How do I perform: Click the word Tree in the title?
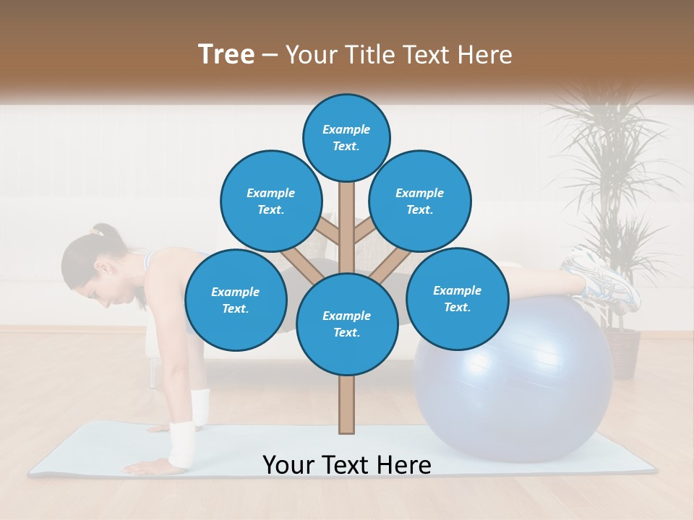point(226,55)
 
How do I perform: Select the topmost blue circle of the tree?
point(346,137)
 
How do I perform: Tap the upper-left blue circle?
point(271,201)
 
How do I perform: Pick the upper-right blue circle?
point(420,201)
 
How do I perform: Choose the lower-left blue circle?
point(236,300)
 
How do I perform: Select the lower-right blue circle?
point(457,298)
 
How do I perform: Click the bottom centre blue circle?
point(347,324)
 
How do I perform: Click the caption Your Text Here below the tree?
point(347,465)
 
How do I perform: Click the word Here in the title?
point(484,55)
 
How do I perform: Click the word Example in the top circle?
point(346,130)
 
